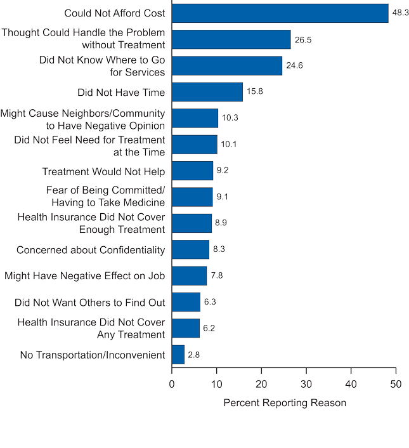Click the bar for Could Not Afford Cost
(x=280, y=13)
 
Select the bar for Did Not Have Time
(x=207, y=92)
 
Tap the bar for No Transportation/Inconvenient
(x=178, y=355)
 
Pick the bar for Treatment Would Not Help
(x=192, y=171)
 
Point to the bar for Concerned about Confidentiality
(x=190, y=249)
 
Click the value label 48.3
(x=401, y=13)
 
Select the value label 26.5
(x=303, y=39)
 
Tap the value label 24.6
(x=295, y=65)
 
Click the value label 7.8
(x=217, y=276)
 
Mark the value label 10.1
(x=228, y=145)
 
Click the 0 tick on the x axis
(x=172, y=383)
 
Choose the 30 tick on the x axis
(x=306, y=383)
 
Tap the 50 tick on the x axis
(x=396, y=383)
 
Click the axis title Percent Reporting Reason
(x=285, y=403)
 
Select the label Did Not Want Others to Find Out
(x=89, y=303)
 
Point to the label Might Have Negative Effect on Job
(x=84, y=276)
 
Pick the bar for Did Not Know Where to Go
(x=227, y=65)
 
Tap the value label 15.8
(x=256, y=92)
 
